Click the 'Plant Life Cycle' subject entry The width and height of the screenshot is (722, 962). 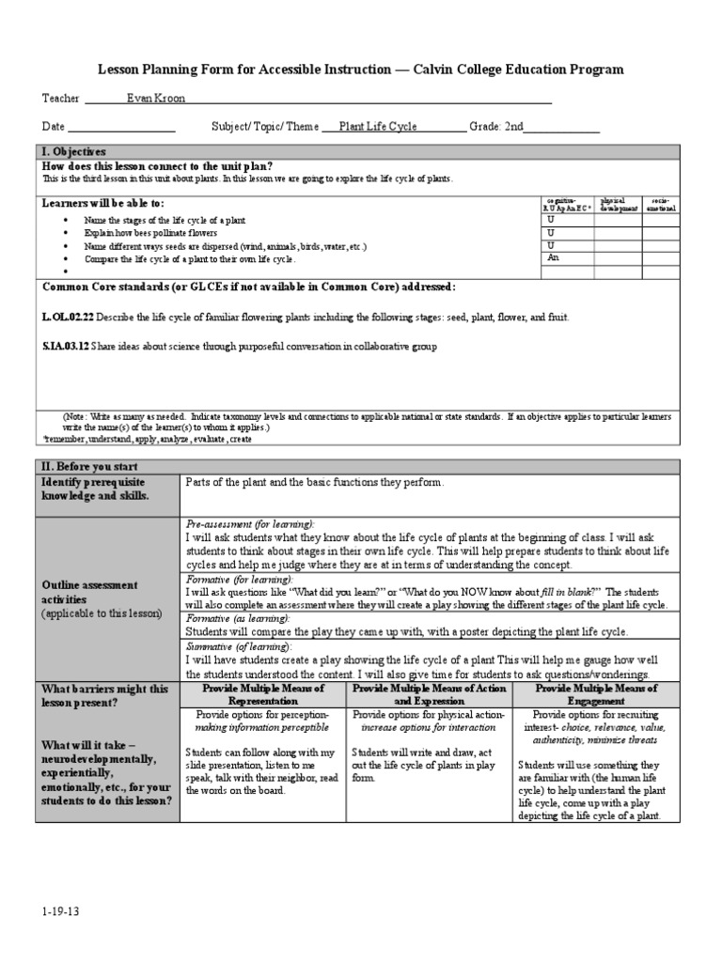[x=378, y=126]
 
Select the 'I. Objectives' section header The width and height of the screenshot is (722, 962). [x=73, y=151]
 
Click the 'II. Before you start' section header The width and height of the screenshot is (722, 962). [x=88, y=466]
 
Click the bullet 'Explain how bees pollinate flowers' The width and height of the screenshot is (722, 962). [x=150, y=233]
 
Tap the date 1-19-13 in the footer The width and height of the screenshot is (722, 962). [x=59, y=911]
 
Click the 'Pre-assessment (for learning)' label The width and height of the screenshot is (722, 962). [x=250, y=523]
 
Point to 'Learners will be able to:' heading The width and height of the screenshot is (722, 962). [x=103, y=203]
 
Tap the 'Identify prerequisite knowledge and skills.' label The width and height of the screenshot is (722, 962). [x=94, y=489]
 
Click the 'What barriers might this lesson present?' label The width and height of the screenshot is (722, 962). [x=104, y=695]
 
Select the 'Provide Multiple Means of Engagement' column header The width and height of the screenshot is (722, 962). [x=596, y=694]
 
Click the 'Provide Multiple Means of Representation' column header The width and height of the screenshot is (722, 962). [x=263, y=694]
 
